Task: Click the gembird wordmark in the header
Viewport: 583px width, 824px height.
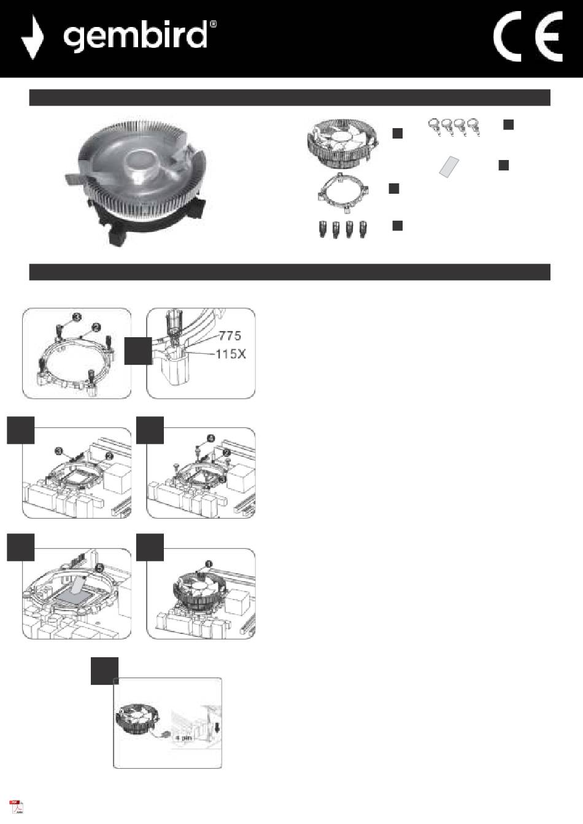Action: point(135,36)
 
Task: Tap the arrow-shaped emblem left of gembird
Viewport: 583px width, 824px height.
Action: point(33,37)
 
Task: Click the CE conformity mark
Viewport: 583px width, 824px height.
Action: point(528,36)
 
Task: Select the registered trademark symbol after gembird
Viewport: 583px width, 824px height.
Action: point(213,25)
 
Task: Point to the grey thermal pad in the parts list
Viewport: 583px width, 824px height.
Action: point(449,167)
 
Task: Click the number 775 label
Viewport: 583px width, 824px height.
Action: point(230,335)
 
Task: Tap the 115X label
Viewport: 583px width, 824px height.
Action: point(231,354)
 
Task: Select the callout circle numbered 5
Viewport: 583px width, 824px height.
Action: point(100,568)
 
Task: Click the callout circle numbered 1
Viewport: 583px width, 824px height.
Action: point(209,564)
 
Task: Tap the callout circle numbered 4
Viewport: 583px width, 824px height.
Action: point(210,438)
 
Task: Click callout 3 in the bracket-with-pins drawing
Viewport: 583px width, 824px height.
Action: point(77,317)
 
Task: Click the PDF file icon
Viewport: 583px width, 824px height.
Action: point(16,807)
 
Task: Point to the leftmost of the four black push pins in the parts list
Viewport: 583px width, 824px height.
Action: point(323,229)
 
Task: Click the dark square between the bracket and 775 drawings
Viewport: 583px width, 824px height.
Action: point(138,351)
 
